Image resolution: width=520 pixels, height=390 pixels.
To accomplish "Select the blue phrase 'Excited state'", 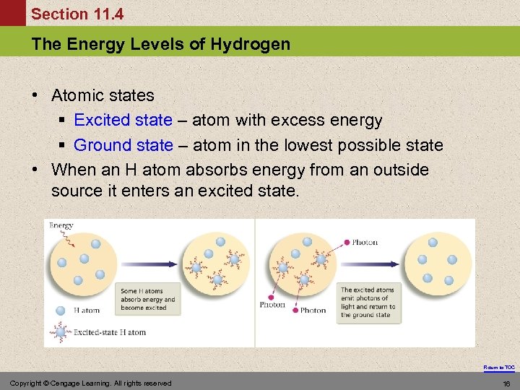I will tap(123, 120).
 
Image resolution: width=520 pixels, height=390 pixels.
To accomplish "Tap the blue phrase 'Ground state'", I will tap(123, 145).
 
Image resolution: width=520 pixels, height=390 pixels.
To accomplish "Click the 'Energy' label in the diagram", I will tap(61, 225).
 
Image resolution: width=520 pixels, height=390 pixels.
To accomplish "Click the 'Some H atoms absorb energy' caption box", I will tap(148, 299).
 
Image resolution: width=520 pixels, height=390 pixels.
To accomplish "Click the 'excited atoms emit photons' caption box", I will tap(367, 302).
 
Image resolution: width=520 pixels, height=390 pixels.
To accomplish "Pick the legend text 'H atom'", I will tap(87, 311).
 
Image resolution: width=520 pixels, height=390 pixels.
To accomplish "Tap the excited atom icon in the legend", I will tap(61, 332).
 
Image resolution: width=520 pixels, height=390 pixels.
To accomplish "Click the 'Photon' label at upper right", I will tap(365, 242).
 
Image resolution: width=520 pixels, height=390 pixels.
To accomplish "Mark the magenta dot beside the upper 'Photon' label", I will tap(347, 242).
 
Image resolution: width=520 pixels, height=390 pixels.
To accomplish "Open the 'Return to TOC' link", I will tap(499, 368).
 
